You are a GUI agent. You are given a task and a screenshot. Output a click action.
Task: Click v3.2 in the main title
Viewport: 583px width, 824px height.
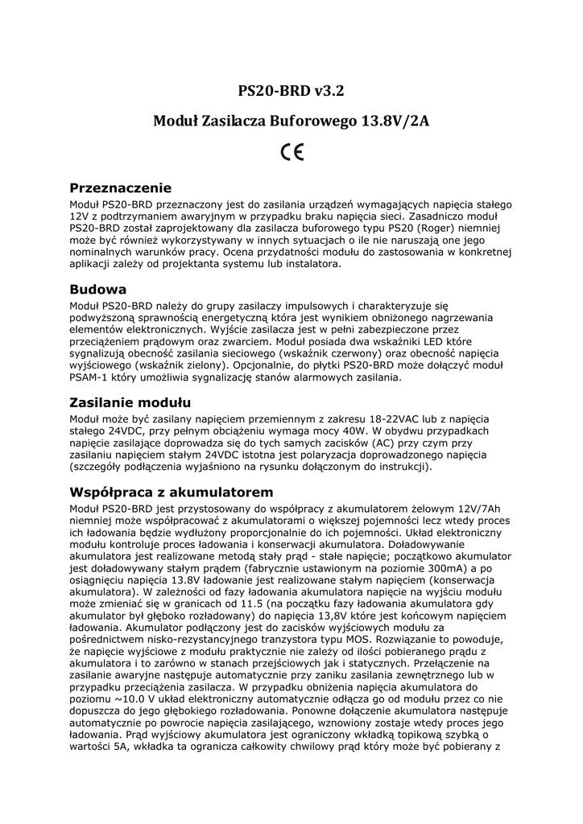(x=330, y=90)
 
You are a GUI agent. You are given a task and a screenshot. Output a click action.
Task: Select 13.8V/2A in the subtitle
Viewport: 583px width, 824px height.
(x=395, y=122)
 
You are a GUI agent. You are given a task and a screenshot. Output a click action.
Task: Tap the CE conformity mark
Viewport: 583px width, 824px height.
(x=291, y=153)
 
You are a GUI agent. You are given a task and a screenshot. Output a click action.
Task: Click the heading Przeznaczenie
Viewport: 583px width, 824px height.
(x=121, y=188)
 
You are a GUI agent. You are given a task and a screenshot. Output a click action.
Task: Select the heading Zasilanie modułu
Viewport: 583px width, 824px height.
(x=130, y=402)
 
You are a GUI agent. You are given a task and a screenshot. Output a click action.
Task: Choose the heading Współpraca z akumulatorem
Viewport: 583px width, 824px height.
(x=172, y=491)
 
